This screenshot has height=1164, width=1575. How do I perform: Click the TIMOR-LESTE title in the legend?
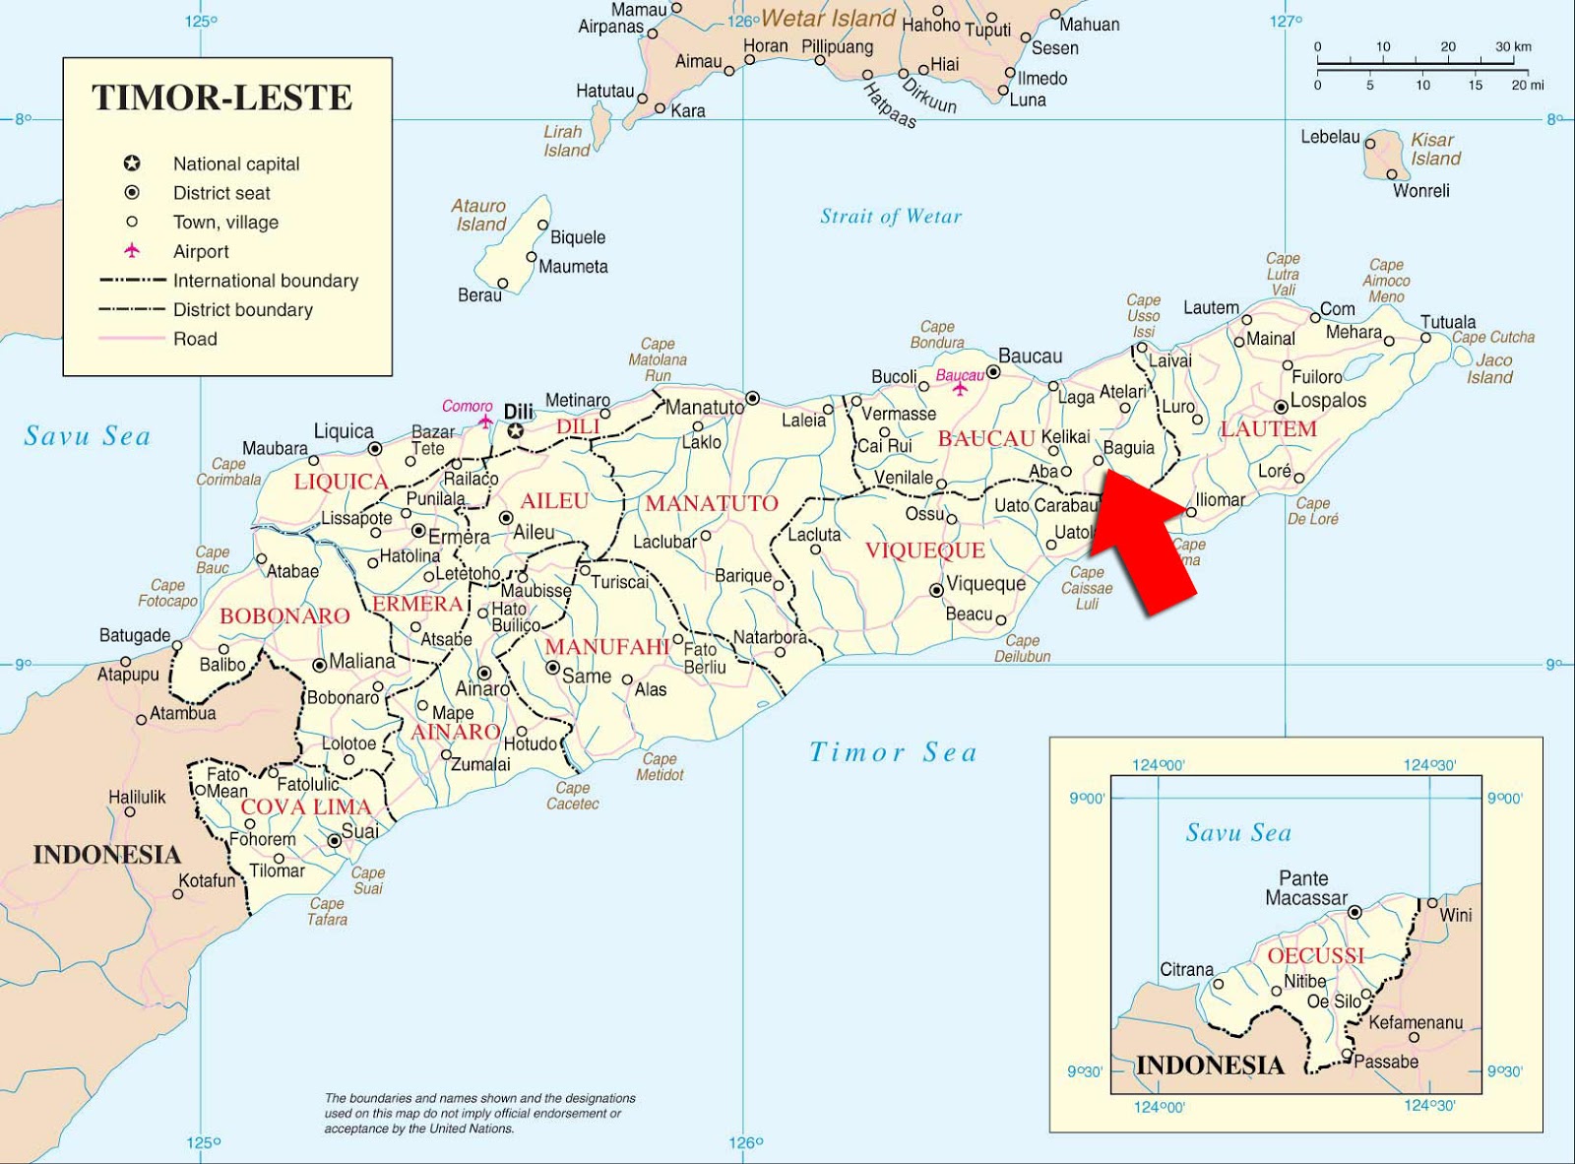(x=221, y=97)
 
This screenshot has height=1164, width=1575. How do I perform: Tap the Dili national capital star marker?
(x=516, y=431)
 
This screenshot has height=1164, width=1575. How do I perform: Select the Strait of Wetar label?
(x=891, y=217)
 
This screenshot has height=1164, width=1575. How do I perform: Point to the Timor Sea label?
(x=893, y=752)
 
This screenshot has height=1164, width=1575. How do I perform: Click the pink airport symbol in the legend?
(x=132, y=251)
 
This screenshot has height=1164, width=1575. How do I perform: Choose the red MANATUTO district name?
(x=712, y=503)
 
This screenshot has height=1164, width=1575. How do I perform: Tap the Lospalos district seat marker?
(x=1281, y=407)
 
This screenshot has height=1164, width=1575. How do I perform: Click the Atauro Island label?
(x=479, y=215)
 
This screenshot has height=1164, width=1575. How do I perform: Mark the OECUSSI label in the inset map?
(x=1315, y=955)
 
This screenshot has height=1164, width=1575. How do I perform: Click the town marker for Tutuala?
(x=1424, y=338)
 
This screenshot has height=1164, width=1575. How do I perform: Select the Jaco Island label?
(x=1490, y=368)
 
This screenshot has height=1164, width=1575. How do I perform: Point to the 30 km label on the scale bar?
(x=1513, y=46)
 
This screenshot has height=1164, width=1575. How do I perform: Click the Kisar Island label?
(x=1434, y=149)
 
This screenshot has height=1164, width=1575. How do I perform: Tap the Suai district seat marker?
(x=335, y=840)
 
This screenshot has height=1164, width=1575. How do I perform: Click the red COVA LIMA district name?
(x=306, y=807)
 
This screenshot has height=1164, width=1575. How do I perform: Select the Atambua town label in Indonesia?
(x=182, y=713)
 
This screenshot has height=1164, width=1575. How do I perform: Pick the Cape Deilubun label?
(x=1022, y=648)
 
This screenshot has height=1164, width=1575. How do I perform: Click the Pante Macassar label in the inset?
(x=1305, y=887)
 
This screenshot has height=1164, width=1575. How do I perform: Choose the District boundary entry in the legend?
(x=242, y=309)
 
